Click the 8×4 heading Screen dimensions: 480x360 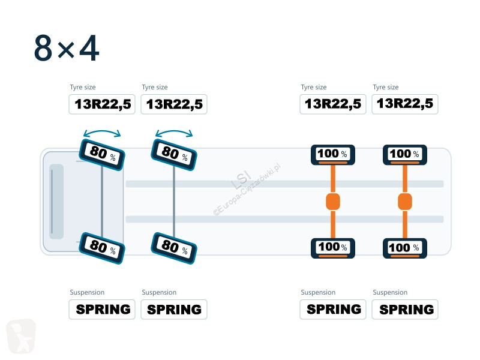coord(67,48)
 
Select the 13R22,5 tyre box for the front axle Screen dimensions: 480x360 coord(102,104)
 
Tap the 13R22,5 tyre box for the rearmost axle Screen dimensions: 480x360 coord(405,104)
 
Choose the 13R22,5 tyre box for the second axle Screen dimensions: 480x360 coord(174,104)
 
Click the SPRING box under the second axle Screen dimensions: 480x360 coord(174,310)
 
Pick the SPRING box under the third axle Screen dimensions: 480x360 coord(333,310)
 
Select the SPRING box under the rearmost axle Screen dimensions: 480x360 coord(405,310)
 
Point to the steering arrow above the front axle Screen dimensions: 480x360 coord(102,131)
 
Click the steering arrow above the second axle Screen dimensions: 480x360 coord(174,131)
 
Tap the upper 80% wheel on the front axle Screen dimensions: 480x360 coord(102,155)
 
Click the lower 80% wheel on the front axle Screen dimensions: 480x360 coord(102,248)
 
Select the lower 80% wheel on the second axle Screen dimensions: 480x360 coord(174,248)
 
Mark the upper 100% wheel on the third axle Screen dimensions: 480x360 coord(333,155)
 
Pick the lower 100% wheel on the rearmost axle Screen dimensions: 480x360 coord(405,248)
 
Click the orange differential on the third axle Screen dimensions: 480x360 coord(333,202)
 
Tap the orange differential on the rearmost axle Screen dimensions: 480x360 coord(405,202)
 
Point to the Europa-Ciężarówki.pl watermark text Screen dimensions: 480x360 coord(247,190)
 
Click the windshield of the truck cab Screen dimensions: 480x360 coord(56,202)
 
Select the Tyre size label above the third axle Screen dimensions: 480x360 coord(314,87)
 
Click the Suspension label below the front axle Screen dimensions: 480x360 coord(87,292)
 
